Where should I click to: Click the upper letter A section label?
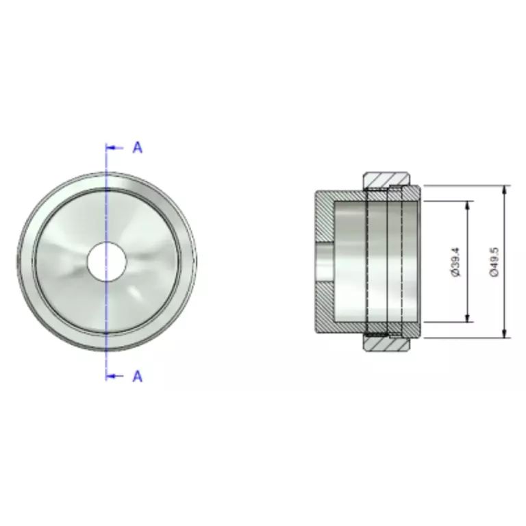138,148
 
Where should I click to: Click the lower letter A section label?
138,377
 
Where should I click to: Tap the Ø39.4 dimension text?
456,262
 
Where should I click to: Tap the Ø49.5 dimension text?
494,262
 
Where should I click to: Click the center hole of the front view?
107,262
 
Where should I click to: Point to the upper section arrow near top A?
115,148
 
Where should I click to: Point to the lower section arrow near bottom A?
115,377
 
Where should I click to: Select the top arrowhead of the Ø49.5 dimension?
504,190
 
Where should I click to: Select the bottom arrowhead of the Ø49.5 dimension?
504,333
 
